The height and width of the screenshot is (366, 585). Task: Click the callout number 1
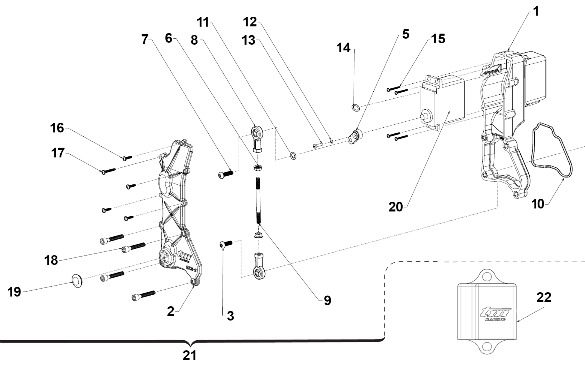536,12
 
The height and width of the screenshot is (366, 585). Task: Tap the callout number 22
543,297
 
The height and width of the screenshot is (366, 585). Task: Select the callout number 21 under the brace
189,356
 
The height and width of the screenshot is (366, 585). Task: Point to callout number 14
343,48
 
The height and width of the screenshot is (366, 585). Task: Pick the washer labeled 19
78,282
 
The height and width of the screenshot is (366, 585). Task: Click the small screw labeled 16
126,157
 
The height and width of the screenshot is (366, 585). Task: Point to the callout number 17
58,153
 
